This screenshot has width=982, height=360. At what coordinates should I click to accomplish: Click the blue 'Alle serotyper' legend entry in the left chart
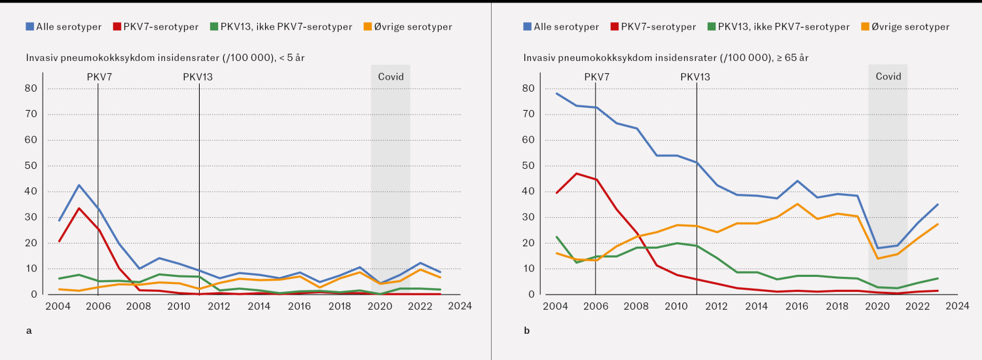click(x=64, y=27)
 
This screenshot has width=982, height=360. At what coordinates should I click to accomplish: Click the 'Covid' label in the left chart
click(x=391, y=77)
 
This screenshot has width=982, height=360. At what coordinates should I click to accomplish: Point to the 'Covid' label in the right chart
click(x=888, y=77)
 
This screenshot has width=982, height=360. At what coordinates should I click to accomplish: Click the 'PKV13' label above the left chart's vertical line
click(x=198, y=77)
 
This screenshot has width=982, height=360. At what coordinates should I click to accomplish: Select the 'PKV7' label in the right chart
click(x=597, y=77)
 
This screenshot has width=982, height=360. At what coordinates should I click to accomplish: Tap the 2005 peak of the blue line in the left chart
click(x=79, y=185)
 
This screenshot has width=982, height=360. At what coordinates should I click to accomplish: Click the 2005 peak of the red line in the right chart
click(x=576, y=173)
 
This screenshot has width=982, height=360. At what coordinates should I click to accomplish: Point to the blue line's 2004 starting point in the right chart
click(x=556, y=93)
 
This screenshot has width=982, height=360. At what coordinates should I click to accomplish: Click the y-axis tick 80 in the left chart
click(x=31, y=88)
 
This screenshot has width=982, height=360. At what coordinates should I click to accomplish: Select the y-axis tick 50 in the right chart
click(x=529, y=166)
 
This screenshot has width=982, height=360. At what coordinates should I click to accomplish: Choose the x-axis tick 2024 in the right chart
click(x=957, y=306)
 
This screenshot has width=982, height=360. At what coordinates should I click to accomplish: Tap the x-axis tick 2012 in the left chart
click(x=219, y=306)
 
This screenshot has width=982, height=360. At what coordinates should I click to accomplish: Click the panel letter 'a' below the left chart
click(x=28, y=331)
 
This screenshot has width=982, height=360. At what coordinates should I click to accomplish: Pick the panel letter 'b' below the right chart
click(x=526, y=331)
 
